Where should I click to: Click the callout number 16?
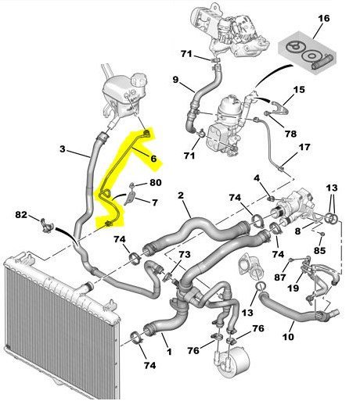pyautogui.click(x=324, y=19)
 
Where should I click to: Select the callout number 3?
pyautogui.click(x=62, y=149)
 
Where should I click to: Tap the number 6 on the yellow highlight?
pyautogui.click(x=153, y=159)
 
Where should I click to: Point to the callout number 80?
pyautogui.click(x=156, y=182)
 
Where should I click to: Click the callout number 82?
pyautogui.click(x=21, y=215)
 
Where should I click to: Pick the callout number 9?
pyautogui.click(x=175, y=80)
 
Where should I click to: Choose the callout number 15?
pyautogui.click(x=299, y=90)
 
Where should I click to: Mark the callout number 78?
pyautogui.click(x=290, y=134)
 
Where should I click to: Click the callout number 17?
pyautogui.click(x=304, y=147)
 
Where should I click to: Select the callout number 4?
pyautogui.click(x=257, y=178)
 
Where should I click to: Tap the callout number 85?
pyautogui.click(x=319, y=250)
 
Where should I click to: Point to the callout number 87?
pyautogui.click(x=280, y=277)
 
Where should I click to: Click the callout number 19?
pyautogui.click(x=293, y=288)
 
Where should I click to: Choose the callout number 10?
pyautogui.click(x=288, y=337)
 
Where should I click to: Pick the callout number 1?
pyautogui.click(x=169, y=352)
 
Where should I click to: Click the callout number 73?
pyautogui.click(x=185, y=255)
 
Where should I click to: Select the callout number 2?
pyautogui.click(x=181, y=195)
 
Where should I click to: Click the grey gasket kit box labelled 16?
pyautogui.click(x=307, y=53)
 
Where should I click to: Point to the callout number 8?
pyautogui.click(x=297, y=231)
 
